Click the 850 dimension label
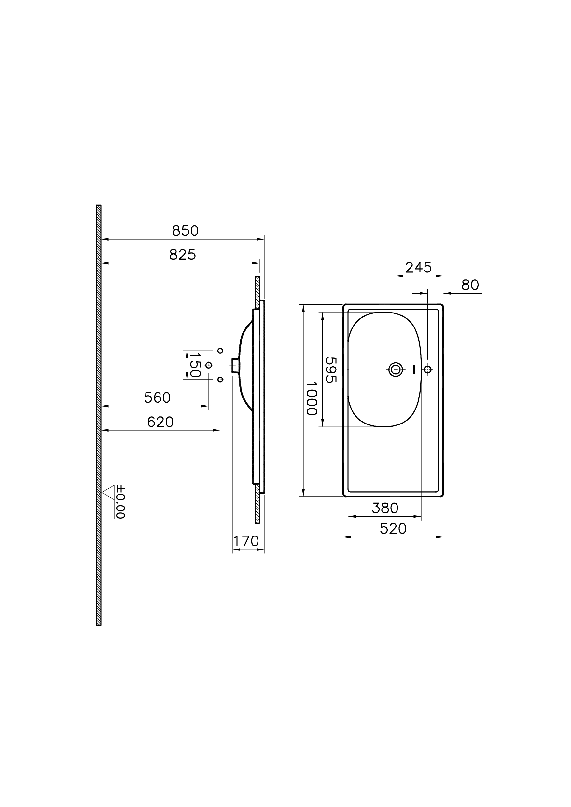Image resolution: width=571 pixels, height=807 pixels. click(185, 231)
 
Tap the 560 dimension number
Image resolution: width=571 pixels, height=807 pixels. click(157, 398)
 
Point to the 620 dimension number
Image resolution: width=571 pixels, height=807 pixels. click(160, 422)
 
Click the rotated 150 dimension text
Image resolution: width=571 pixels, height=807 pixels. click(195, 365)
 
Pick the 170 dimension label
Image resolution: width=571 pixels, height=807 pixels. click(246, 541)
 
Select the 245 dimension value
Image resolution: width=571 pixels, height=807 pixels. click(418, 268)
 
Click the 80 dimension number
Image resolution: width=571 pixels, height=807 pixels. click(470, 285)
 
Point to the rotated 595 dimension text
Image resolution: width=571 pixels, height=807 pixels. click(331, 369)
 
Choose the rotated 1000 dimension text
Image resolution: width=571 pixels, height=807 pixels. click(312, 399)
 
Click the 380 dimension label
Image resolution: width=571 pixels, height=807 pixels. click(385, 508)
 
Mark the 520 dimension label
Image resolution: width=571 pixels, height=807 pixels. click(393, 529)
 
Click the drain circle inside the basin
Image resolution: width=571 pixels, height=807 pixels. click(396, 369)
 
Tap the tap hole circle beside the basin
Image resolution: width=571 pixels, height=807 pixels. click(427, 369)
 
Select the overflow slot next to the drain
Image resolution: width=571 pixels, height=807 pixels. click(414, 369)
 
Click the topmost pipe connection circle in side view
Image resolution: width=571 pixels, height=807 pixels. click(220, 351)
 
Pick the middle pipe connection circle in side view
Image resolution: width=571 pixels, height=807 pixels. click(209, 365)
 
